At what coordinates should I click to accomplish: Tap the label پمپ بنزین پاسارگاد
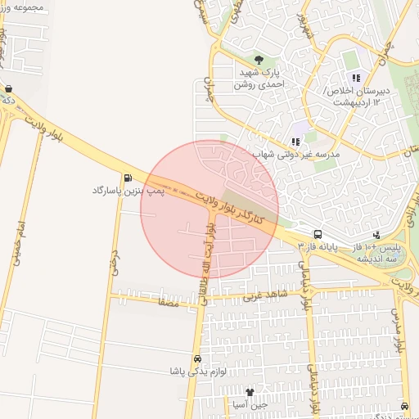pyautogui.click(x=128, y=191)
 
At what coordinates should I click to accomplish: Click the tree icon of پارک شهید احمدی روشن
pyautogui.click(x=259, y=60)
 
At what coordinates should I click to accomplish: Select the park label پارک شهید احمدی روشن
pyautogui.click(x=260, y=78)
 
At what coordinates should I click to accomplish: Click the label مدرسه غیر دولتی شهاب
pyautogui.click(x=296, y=154)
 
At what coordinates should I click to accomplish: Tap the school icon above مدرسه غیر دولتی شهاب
pyautogui.click(x=295, y=142)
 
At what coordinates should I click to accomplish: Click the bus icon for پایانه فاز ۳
pyautogui.click(x=318, y=233)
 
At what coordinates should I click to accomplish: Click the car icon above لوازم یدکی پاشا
pyautogui.click(x=196, y=358)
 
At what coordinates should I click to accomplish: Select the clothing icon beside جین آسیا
pyautogui.click(x=262, y=393)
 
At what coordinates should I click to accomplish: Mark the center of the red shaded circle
pyautogui.click(x=209, y=209)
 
